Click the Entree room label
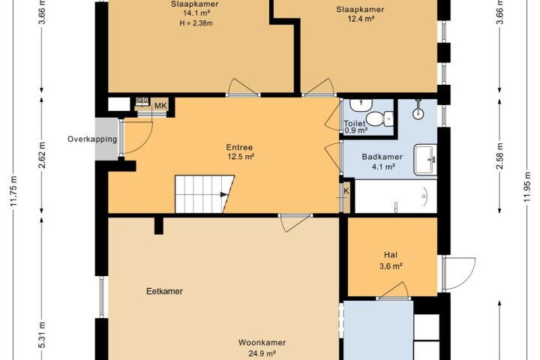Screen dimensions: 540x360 (240, 148)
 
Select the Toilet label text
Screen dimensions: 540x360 (354, 123)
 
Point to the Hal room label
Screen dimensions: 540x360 (391, 255)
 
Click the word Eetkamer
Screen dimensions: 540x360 (164, 292)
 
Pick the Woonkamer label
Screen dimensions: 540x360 (262, 343)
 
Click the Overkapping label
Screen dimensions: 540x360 (92, 139)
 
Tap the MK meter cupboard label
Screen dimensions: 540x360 (160, 106)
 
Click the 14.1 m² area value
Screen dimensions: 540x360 (195, 13)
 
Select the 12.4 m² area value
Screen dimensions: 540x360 (361, 19)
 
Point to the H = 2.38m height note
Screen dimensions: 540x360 (196, 23)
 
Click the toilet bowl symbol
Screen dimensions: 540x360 (379, 118)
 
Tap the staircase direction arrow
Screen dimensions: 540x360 (224, 195)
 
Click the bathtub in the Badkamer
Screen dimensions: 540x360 (396, 196)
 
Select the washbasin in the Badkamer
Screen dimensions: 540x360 (426, 160)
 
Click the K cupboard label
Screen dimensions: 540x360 (346, 191)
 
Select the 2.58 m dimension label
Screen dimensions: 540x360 (500, 156)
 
